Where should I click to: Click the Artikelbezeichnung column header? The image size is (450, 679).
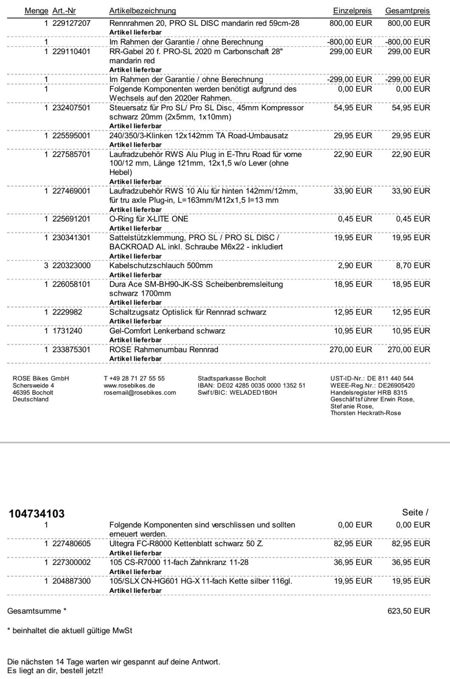pyautogui.click(x=142, y=11)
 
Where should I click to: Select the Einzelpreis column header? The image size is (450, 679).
pyautogui.click(x=352, y=11)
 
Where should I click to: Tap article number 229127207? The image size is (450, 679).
pyautogui.click(x=71, y=23)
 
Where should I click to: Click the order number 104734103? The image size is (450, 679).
pyautogui.click(x=37, y=513)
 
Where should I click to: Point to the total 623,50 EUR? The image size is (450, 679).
pyautogui.click(x=409, y=611)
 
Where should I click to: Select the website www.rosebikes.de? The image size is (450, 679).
pyautogui.click(x=129, y=385)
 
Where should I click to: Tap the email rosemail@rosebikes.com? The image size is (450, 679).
pyautogui.click(x=140, y=393)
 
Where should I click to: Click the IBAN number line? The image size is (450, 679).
pyautogui.click(x=251, y=385)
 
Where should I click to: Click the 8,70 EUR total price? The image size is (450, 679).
pyautogui.click(x=417, y=266)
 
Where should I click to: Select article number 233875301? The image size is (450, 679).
pyautogui.click(x=71, y=350)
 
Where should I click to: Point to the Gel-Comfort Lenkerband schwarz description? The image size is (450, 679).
pyautogui.click(x=167, y=331)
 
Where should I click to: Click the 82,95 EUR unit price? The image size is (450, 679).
pyautogui.click(x=353, y=544)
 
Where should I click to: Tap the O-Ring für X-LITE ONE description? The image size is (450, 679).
pyautogui.click(x=149, y=219)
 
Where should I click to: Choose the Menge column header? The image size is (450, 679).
pyautogui.click(x=37, y=11)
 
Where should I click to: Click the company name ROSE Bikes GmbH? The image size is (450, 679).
pyautogui.click(x=41, y=378)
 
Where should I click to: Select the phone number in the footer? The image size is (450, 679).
pyautogui.click(x=134, y=378)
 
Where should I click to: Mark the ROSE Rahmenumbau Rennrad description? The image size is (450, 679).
pyautogui.click(x=163, y=350)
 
